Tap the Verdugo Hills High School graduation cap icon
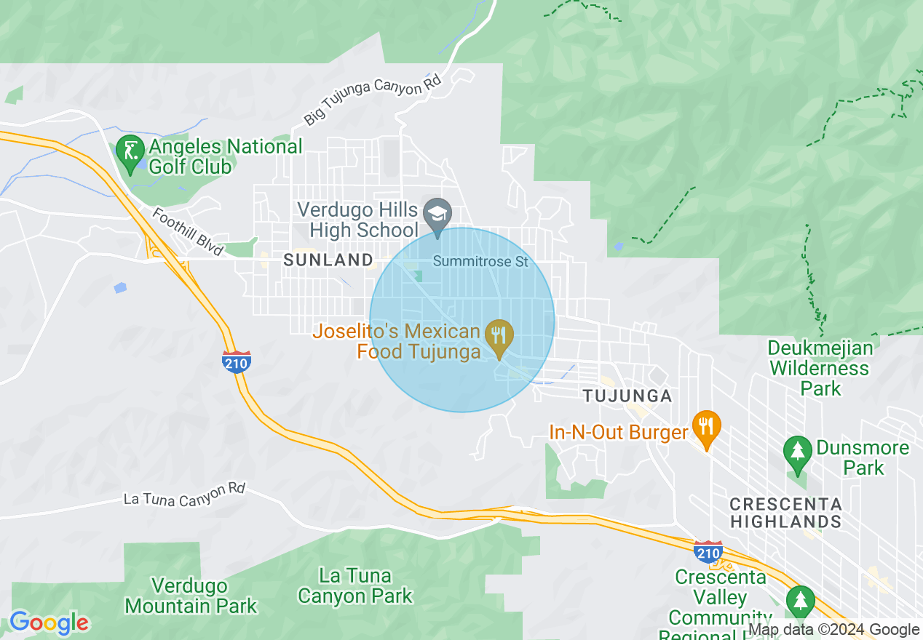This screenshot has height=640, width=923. (x=437, y=215)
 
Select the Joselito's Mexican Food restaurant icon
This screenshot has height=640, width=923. (x=499, y=336)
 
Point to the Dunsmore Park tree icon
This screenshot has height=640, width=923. (x=799, y=452)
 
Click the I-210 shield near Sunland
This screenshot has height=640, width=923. (x=237, y=361)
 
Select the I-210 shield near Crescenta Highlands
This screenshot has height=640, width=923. (x=708, y=552)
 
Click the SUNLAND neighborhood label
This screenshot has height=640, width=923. (x=328, y=260)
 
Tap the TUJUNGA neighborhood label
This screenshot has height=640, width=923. (x=627, y=396)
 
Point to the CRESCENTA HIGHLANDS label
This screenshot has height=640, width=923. (x=785, y=513)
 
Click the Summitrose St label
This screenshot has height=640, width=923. (x=480, y=260)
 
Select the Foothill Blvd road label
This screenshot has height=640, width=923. (x=188, y=232)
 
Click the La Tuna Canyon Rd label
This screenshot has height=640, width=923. (x=184, y=494)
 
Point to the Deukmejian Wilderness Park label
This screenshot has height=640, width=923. (x=819, y=367)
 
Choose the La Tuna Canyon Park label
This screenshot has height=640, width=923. (x=355, y=586)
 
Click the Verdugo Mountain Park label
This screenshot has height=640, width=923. (x=191, y=595)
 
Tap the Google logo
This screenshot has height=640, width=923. (x=49, y=623)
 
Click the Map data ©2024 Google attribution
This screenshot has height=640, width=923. (x=833, y=630)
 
